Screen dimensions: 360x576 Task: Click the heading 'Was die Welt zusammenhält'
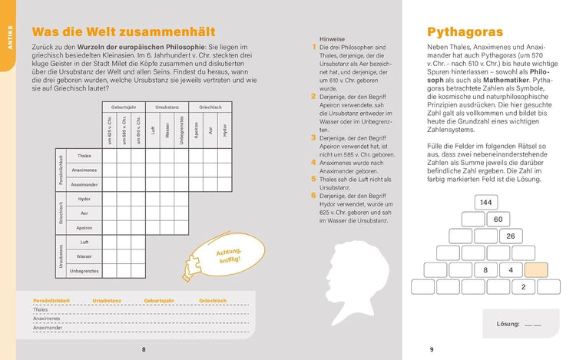coord(124,32)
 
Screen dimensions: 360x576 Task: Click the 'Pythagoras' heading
coord(465,32)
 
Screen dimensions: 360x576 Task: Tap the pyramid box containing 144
coord(485,202)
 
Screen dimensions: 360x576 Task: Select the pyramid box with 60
coord(498,220)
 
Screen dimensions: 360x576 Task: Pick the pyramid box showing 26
coord(510,236)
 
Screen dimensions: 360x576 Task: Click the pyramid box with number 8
coord(485,270)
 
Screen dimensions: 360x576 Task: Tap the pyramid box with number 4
coord(511,270)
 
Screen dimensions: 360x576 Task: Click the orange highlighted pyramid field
coord(535,270)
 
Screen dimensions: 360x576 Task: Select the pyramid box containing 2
coord(523,287)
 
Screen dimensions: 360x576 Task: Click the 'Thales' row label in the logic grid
coord(84,156)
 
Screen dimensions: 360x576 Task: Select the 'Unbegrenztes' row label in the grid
coord(84,270)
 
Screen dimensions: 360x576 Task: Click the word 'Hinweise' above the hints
coord(330,38)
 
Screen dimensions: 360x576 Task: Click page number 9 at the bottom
coord(432,349)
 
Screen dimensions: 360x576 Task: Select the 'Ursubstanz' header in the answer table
coord(108,300)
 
